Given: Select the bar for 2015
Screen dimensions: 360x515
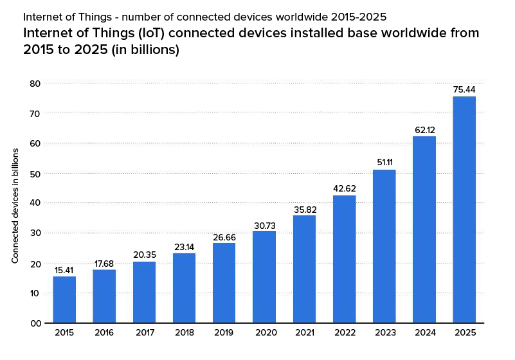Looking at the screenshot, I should [x=64, y=300].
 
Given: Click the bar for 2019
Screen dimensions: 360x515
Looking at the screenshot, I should [x=224, y=283].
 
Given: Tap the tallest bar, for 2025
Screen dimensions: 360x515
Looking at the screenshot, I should [x=464, y=210].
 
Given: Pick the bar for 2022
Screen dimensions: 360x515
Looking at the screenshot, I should [x=344, y=259].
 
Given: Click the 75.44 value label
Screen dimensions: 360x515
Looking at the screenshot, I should [x=464, y=89].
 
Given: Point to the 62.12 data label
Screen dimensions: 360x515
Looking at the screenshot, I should [x=424, y=130].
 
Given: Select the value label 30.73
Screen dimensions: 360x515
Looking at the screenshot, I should [x=264, y=224].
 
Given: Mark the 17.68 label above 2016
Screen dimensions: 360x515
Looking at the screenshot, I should [x=104, y=263].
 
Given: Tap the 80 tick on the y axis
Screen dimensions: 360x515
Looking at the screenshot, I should [x=35, y=84].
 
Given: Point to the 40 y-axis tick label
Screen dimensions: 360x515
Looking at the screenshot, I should [x=35, y=203].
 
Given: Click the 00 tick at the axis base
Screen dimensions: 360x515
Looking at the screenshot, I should [x=35, y=323].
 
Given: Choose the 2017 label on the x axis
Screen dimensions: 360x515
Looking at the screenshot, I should [x=144, y=333].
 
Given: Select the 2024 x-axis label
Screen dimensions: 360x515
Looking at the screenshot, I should [x=424, y=333].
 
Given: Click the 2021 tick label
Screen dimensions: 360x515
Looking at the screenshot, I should [x=304, y=333].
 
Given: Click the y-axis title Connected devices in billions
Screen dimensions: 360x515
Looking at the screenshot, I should [x=15, y=206].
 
